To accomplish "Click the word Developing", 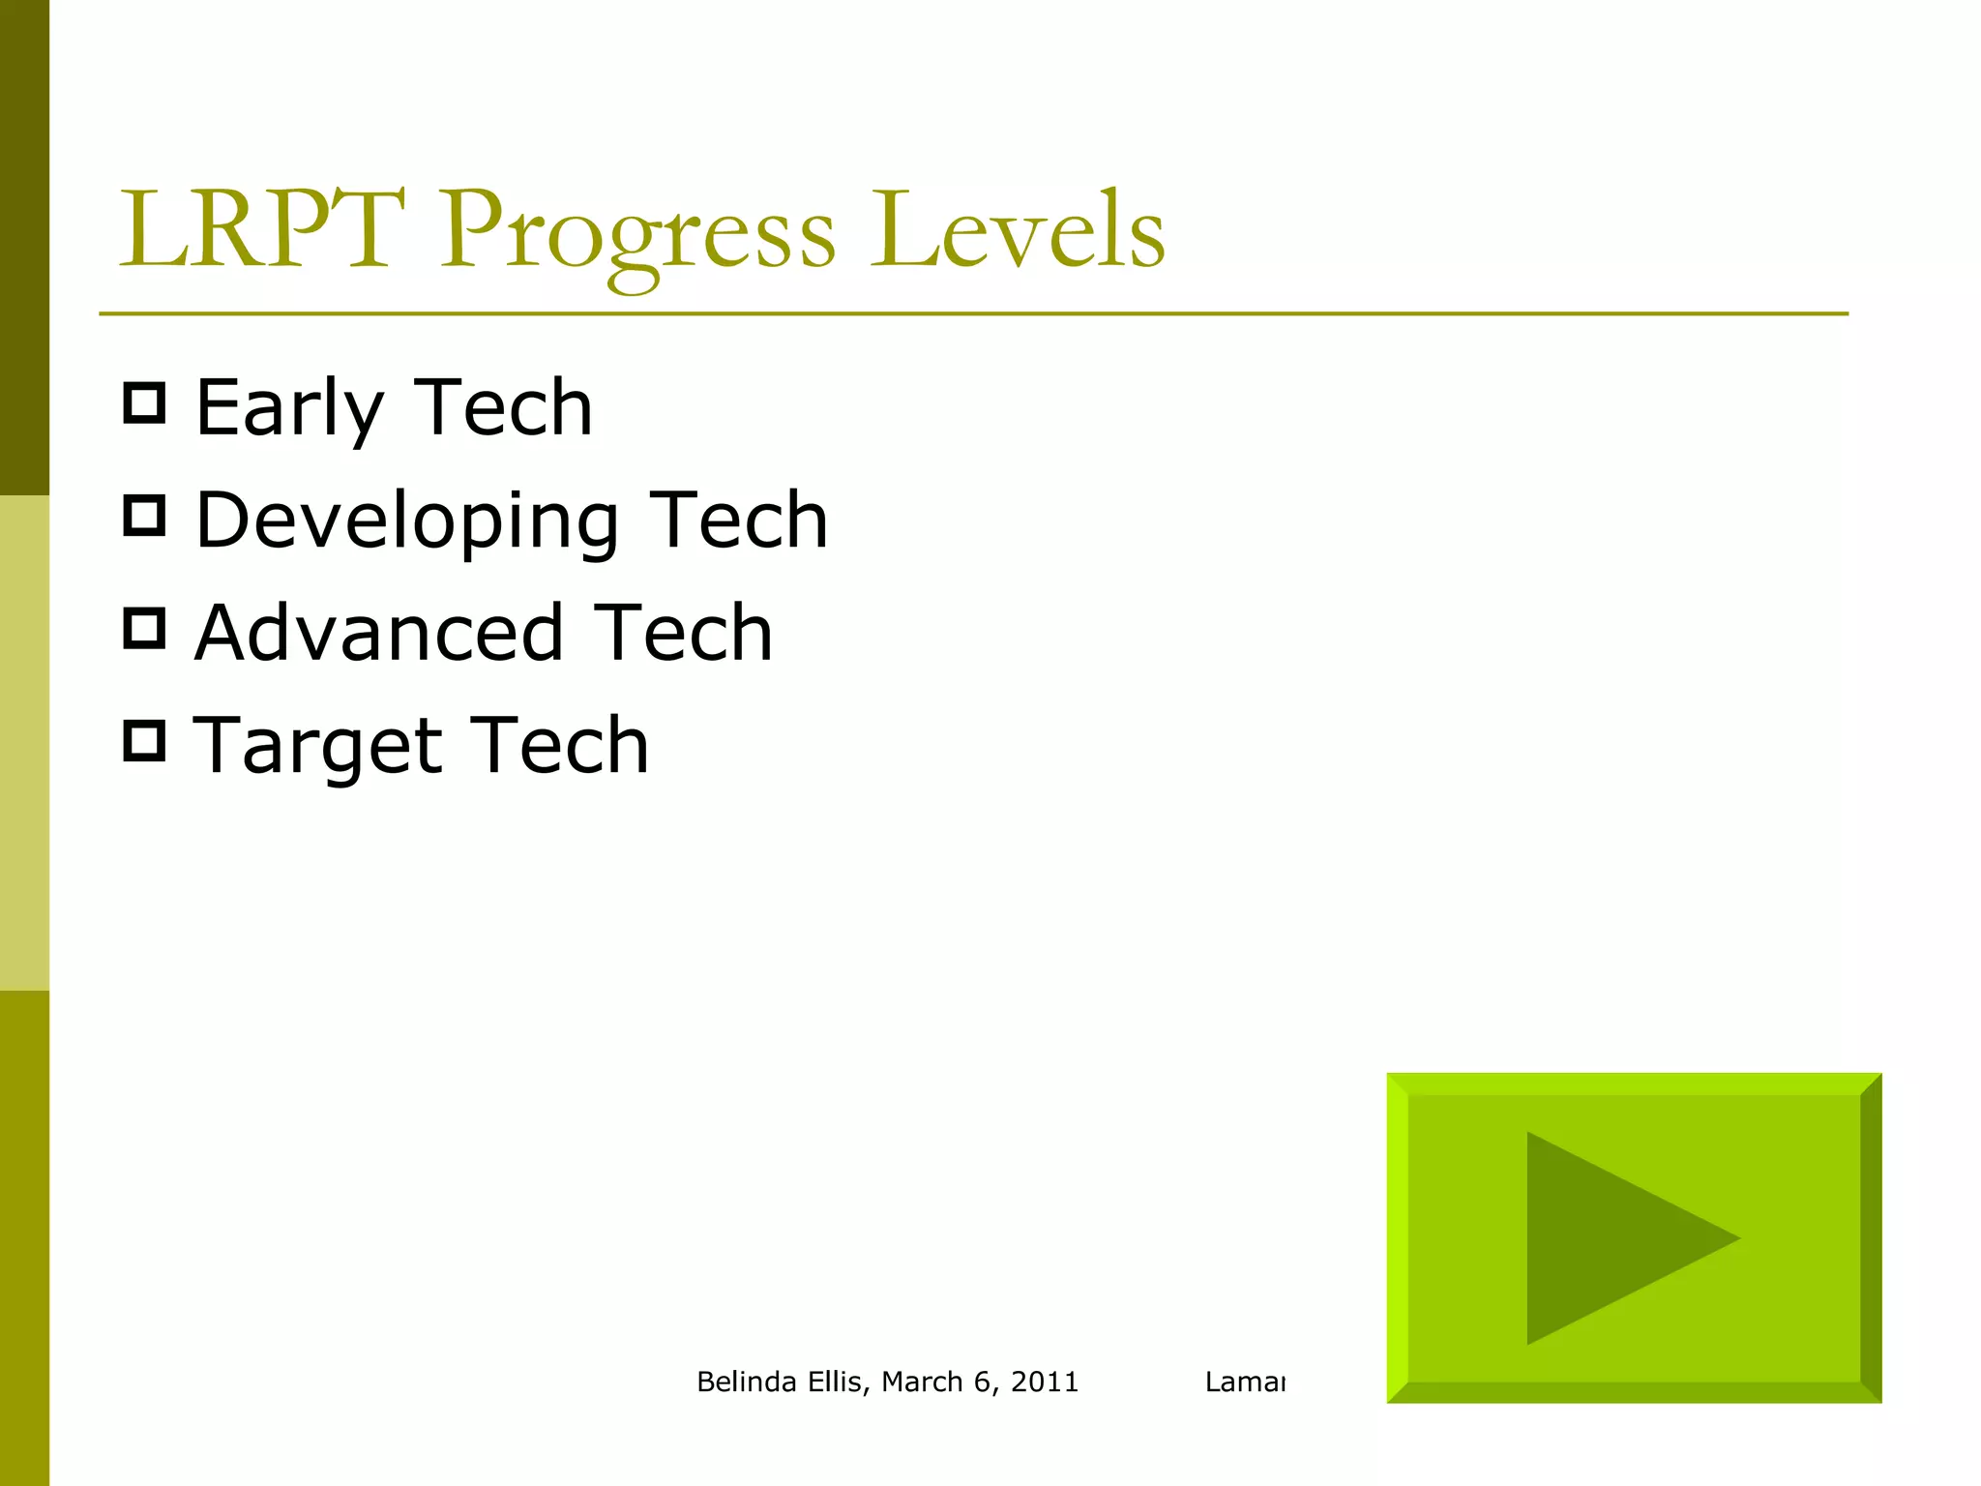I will pyautogui.click(x=406, y=522).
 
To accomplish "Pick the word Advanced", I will pyautogui.click(x=379, y=634).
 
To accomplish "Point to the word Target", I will pyautogui.click(x=317, y=747).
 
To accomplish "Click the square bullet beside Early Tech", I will pyautogui.click(x=145, y=402).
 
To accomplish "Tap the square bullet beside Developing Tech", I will pyautogui.click(x=145, y=516).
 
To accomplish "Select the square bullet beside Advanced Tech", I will pyautogui.click(x=145, y=629).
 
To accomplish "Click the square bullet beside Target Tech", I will pyautogui.click(x=145, y=741).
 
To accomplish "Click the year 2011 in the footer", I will pyautogui.click(x=1045, y=1382).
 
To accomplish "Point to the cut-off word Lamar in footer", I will pyautogui.click(x=1245, y=1382).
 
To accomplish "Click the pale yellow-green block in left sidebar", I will pyautogui.click(x=24, y=743).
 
